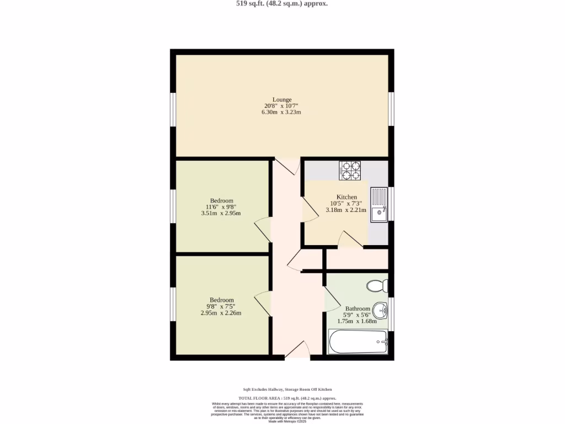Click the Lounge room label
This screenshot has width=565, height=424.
tap(281, 100)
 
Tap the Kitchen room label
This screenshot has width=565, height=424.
tap(347, 197)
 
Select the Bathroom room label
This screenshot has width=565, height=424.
tap(358, 309)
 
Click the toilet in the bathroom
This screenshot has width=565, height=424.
tap(378, 286)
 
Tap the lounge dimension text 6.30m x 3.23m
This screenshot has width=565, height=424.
tap(281, 112)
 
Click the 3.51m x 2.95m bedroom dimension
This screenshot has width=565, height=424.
tap(221, 213)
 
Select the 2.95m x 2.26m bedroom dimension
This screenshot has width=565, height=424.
tap(221, 313)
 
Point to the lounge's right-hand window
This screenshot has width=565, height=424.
tap(391, 108)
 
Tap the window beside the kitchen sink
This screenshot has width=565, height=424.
tap(391, 204)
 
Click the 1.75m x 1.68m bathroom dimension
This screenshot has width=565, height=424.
tap(357, 321)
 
